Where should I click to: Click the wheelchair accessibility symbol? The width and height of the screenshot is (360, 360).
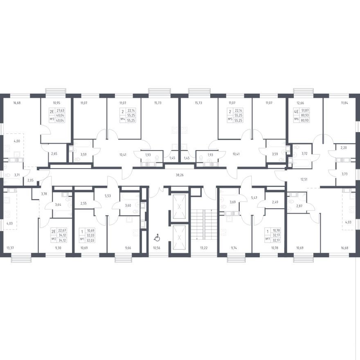coord(157,238)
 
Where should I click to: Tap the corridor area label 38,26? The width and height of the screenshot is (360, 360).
coord(180,175)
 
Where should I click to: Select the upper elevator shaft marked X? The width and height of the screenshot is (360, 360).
coord(179,207)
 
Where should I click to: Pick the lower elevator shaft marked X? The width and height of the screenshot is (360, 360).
coord(179,238)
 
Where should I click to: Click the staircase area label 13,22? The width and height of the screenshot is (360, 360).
coord(204,248)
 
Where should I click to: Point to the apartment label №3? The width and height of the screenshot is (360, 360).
coord(52,119)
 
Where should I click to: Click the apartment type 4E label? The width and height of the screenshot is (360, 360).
coord(297,112)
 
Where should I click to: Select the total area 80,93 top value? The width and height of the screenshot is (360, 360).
coord(305,115)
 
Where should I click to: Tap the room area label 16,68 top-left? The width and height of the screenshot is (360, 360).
coord(17,103)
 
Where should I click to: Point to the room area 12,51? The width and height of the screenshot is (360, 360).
coord(304,180)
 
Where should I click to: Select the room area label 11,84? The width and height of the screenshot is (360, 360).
coord(344,103)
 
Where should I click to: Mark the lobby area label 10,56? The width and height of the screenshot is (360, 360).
coord(156,248)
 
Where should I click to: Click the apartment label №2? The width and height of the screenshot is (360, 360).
coord(54,239)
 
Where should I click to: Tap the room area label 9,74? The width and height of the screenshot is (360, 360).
coord(233,248)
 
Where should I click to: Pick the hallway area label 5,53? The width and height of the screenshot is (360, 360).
coord(108,196)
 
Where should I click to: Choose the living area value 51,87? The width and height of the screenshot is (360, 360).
coord(305,111)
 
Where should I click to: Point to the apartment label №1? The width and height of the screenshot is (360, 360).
coord(82,239)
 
